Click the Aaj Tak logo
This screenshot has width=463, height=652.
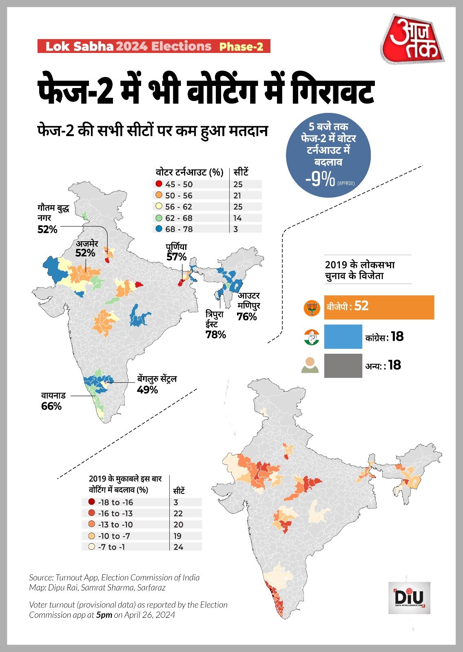pos(412,40)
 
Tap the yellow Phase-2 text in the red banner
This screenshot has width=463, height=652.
pos(241,46)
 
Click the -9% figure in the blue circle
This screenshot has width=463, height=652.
pos(320,180)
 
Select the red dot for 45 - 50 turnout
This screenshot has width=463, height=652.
pos(159,184)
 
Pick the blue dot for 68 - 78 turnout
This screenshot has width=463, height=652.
pos(159,229)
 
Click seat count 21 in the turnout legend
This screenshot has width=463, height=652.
pos(237,196)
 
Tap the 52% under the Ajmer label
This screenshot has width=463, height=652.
pos(85,253)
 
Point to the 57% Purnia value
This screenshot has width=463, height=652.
pos(176,257)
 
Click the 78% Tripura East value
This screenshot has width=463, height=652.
pos(216,335)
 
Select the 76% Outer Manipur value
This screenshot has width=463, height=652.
pos(247,317)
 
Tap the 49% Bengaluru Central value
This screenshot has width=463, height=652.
pos(147,390)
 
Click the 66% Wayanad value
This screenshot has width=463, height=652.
pos(51,406)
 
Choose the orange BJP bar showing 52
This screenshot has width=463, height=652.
pos(379,307)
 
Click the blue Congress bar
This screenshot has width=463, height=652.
pos(343,337)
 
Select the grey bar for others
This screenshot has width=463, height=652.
pos(343,366)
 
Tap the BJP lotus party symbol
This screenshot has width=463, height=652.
pos(312,308)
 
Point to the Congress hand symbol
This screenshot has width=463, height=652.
pos(311,337)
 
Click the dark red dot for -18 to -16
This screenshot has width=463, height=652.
pos(91,502)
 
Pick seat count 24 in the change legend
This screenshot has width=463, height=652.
pos(178,547)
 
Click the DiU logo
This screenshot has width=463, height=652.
pos(409,598)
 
